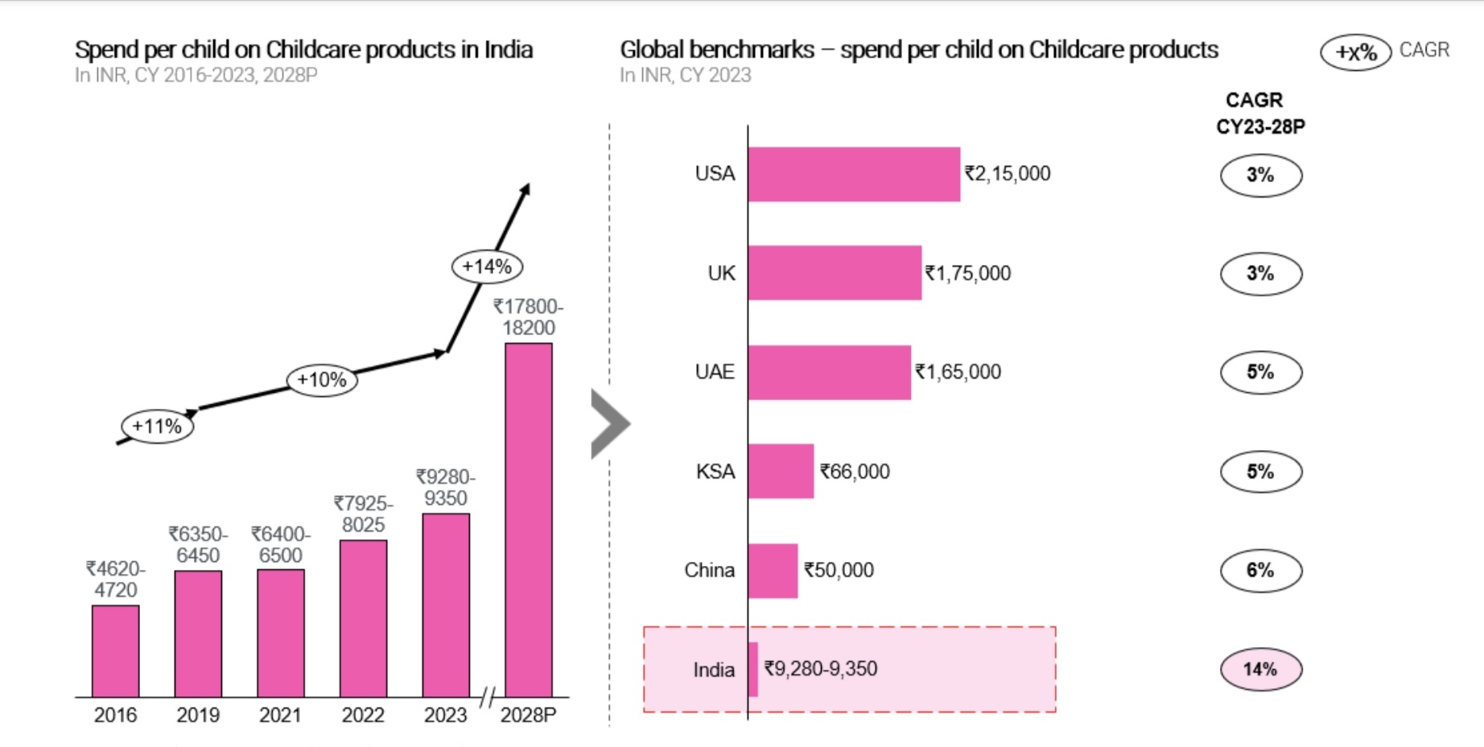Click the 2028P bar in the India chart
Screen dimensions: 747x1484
click(x=528, y=519)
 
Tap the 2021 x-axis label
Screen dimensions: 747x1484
click(x=280, y=715)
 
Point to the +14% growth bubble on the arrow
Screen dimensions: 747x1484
click(x=487, y=266)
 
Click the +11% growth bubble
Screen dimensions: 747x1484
click(x=157, y=427)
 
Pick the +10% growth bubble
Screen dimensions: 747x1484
click(x=322, y=380)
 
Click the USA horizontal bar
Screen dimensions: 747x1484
click(x=853, y=174)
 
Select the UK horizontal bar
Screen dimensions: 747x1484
click(x=835, y=273)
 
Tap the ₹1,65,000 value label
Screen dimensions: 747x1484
click(x=958, y=372)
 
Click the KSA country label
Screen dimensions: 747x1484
click(x=715, y=471)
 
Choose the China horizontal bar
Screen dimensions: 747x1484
click(x=773, y=571)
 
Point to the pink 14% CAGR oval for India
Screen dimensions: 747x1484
click(x=1260, y=669)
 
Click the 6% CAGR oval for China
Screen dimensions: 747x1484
click(x=1260, y=570)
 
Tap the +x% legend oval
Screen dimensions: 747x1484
click(x=1356, y=53)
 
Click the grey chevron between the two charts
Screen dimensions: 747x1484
click(x=609, y=424)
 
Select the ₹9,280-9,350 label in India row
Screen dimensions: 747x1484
click(x=820, y=669)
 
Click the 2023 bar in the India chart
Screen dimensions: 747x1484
click(x=446, y=605)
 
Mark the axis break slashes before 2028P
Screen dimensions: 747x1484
click(x=487, y=697)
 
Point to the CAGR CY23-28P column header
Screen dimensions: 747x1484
click(x=1259, y=113)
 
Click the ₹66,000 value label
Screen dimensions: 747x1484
click(x=855, y=472)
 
